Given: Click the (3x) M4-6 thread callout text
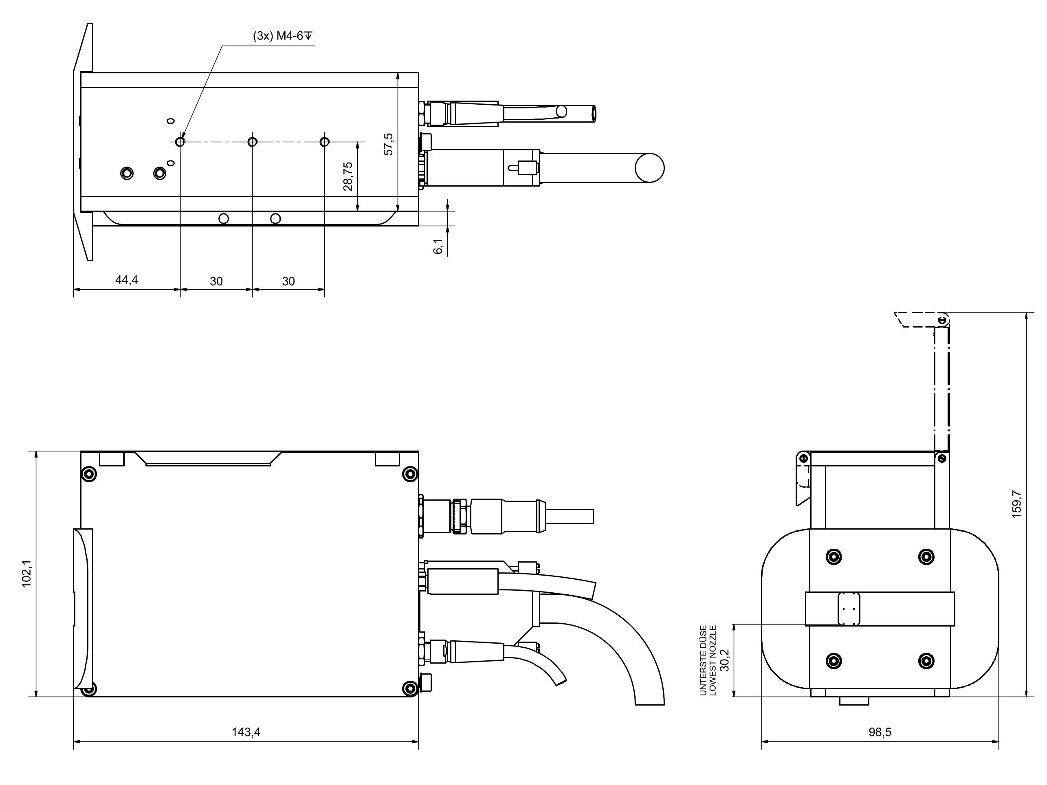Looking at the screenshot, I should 283,36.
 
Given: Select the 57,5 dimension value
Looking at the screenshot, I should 389,144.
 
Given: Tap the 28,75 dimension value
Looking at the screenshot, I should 348,176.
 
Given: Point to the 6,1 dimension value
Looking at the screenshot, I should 438,246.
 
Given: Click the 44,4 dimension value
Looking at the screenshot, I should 126,279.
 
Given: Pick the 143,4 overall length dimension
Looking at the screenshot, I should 246,732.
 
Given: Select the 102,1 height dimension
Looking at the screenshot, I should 27,574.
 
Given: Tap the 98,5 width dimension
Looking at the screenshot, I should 880,732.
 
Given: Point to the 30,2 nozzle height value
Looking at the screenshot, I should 725,660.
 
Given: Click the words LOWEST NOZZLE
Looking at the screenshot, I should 713,660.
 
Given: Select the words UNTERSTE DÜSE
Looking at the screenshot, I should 704,660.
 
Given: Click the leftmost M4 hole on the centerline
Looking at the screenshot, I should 180,142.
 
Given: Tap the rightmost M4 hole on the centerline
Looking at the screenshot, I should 324,142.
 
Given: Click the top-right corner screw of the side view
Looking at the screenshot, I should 410,474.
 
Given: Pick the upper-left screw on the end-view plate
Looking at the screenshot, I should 834,556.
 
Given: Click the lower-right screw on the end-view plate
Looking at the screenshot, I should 926,661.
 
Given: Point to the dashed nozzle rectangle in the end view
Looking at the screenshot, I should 849,609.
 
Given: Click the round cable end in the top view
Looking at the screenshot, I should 649,167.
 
